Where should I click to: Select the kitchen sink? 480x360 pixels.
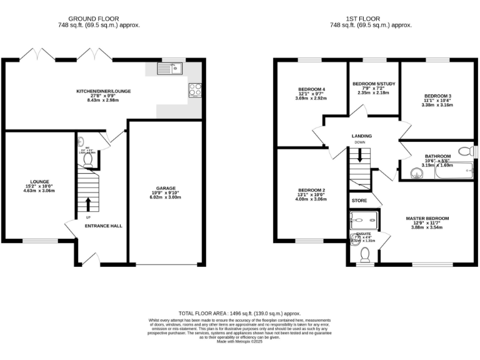[x=171, y=67]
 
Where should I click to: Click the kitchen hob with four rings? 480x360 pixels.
[x=194, y=90]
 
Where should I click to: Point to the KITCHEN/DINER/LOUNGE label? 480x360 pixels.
[x=104, y=91]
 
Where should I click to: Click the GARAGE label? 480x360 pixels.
[x=166, y=187]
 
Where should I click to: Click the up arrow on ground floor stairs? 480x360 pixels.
[x=87, y=204]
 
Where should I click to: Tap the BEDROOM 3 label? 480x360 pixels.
[x=437, y=96]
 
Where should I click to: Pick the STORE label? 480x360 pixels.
[x=359, y=201]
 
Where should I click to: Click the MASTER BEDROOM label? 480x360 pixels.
[x=427, y=218]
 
